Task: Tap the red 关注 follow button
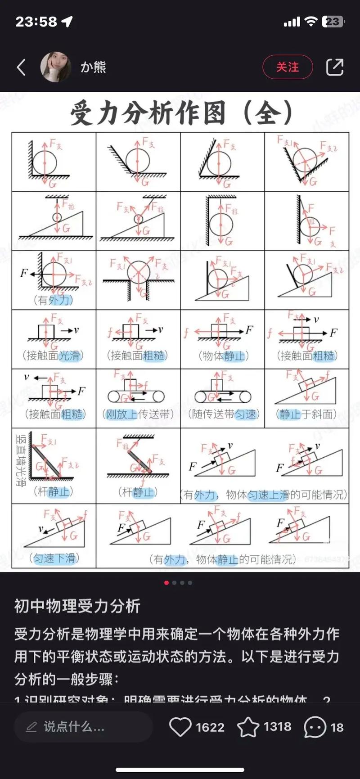click(287, 67)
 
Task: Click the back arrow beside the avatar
click(21, 67)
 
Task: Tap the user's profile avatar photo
click(56, 67)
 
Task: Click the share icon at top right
click(334, 67)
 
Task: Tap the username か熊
click(93, 67)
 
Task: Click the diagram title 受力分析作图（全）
click(182, 113)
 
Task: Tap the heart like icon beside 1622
click(180, 727)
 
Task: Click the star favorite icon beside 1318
click(248, 727)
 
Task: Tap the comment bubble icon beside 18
click(315, 727)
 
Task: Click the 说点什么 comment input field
click(83, 727)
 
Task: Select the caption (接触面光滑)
click(53, 356)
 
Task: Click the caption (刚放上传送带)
click(138, 414)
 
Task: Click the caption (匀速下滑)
click(54, 558)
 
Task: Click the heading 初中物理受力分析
click(77, 606)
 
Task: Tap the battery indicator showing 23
click(333, 22)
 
